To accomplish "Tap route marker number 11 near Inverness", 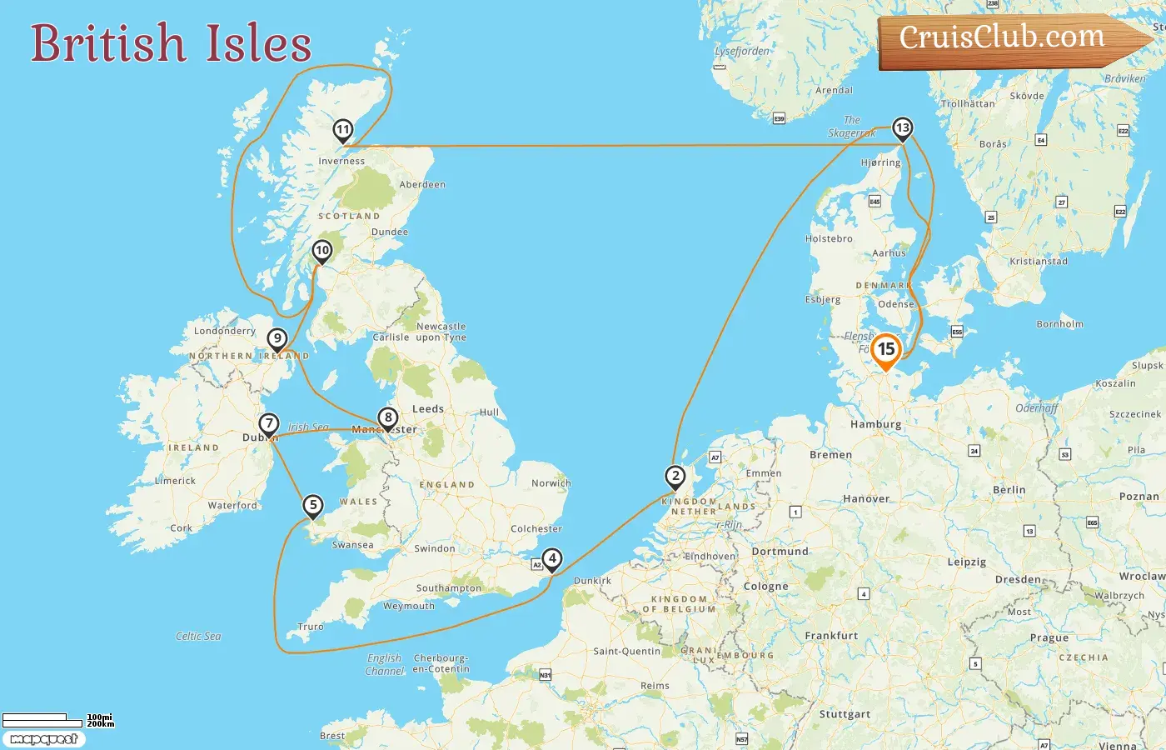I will [x=342, y=130].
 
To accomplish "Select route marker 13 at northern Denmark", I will [x=902, y=128].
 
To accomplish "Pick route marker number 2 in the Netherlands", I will [x=675, y=477].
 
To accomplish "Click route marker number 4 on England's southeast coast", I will [x=551, y=559].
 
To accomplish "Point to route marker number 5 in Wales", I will [x=312, y=505].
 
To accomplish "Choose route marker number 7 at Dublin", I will [x=268, y=424].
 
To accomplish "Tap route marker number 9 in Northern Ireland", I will [x=277, y=339].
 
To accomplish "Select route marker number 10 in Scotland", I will [x=321, y=251].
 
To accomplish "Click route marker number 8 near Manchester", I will [x=387, y=418].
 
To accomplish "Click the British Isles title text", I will [x=171, y=43].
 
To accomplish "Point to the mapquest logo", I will [x=43, y=739].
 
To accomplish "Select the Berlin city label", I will [x=1009, y=490].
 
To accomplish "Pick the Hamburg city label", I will [x=875, y=424].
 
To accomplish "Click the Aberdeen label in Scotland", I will [x=422, y=184].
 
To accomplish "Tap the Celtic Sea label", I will [x=198, y=636].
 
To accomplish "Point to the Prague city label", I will [x=1049, y=637].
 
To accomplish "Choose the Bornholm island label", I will [x=1059, y=324].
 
